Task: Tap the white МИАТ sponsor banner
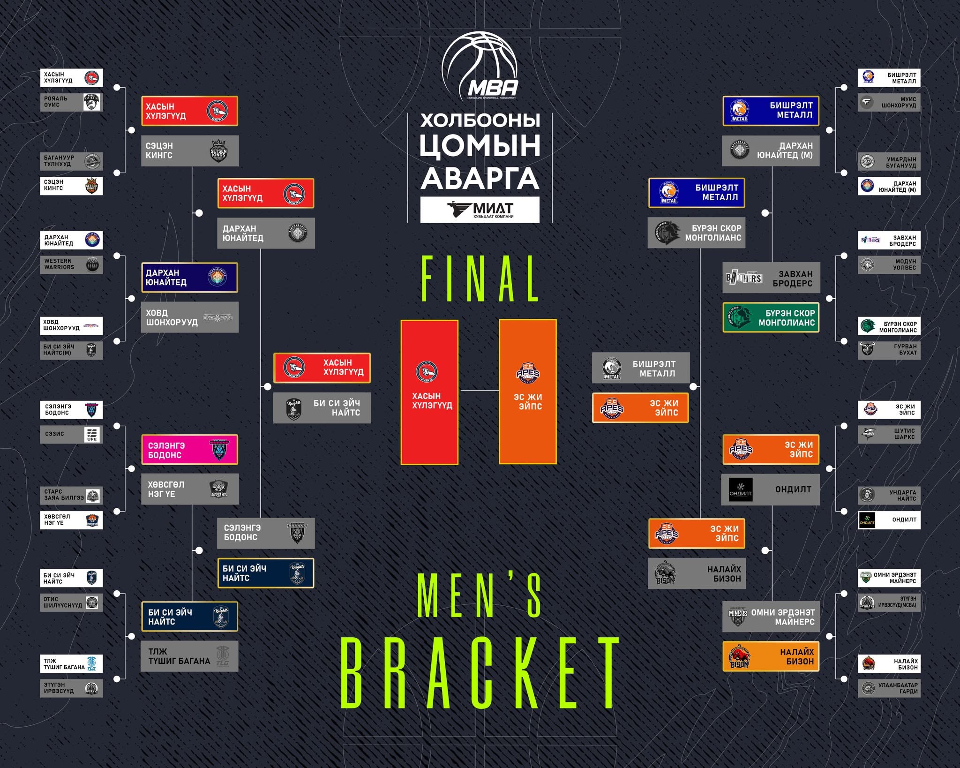(x=480, y=210)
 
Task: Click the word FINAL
(x=480, y=279)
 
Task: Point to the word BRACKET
(x=480, y=673)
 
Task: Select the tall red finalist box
(x=429, y=392)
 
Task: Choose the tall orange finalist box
(x=528, y=392)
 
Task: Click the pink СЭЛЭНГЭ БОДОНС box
(x=189, y=450)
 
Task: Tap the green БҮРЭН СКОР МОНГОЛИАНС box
(x=771, y=317)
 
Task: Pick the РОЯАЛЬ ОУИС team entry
(x=71, y=102)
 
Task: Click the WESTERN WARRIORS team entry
(x=71, y=264)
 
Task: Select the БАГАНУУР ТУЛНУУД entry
(x=71, y=161)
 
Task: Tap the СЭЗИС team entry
(x=71, y=434)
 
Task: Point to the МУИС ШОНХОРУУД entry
(x=889, y=102)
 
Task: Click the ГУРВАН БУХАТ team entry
(x=889, y=349)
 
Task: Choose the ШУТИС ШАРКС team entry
(x=889, y=434)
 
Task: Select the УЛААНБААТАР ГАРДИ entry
(x=889, y=688)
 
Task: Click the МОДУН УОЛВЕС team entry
(x=889, y=264)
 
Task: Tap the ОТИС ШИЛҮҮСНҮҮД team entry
(x=71, y=602)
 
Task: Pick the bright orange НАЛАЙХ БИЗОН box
(x=771, y=656)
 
